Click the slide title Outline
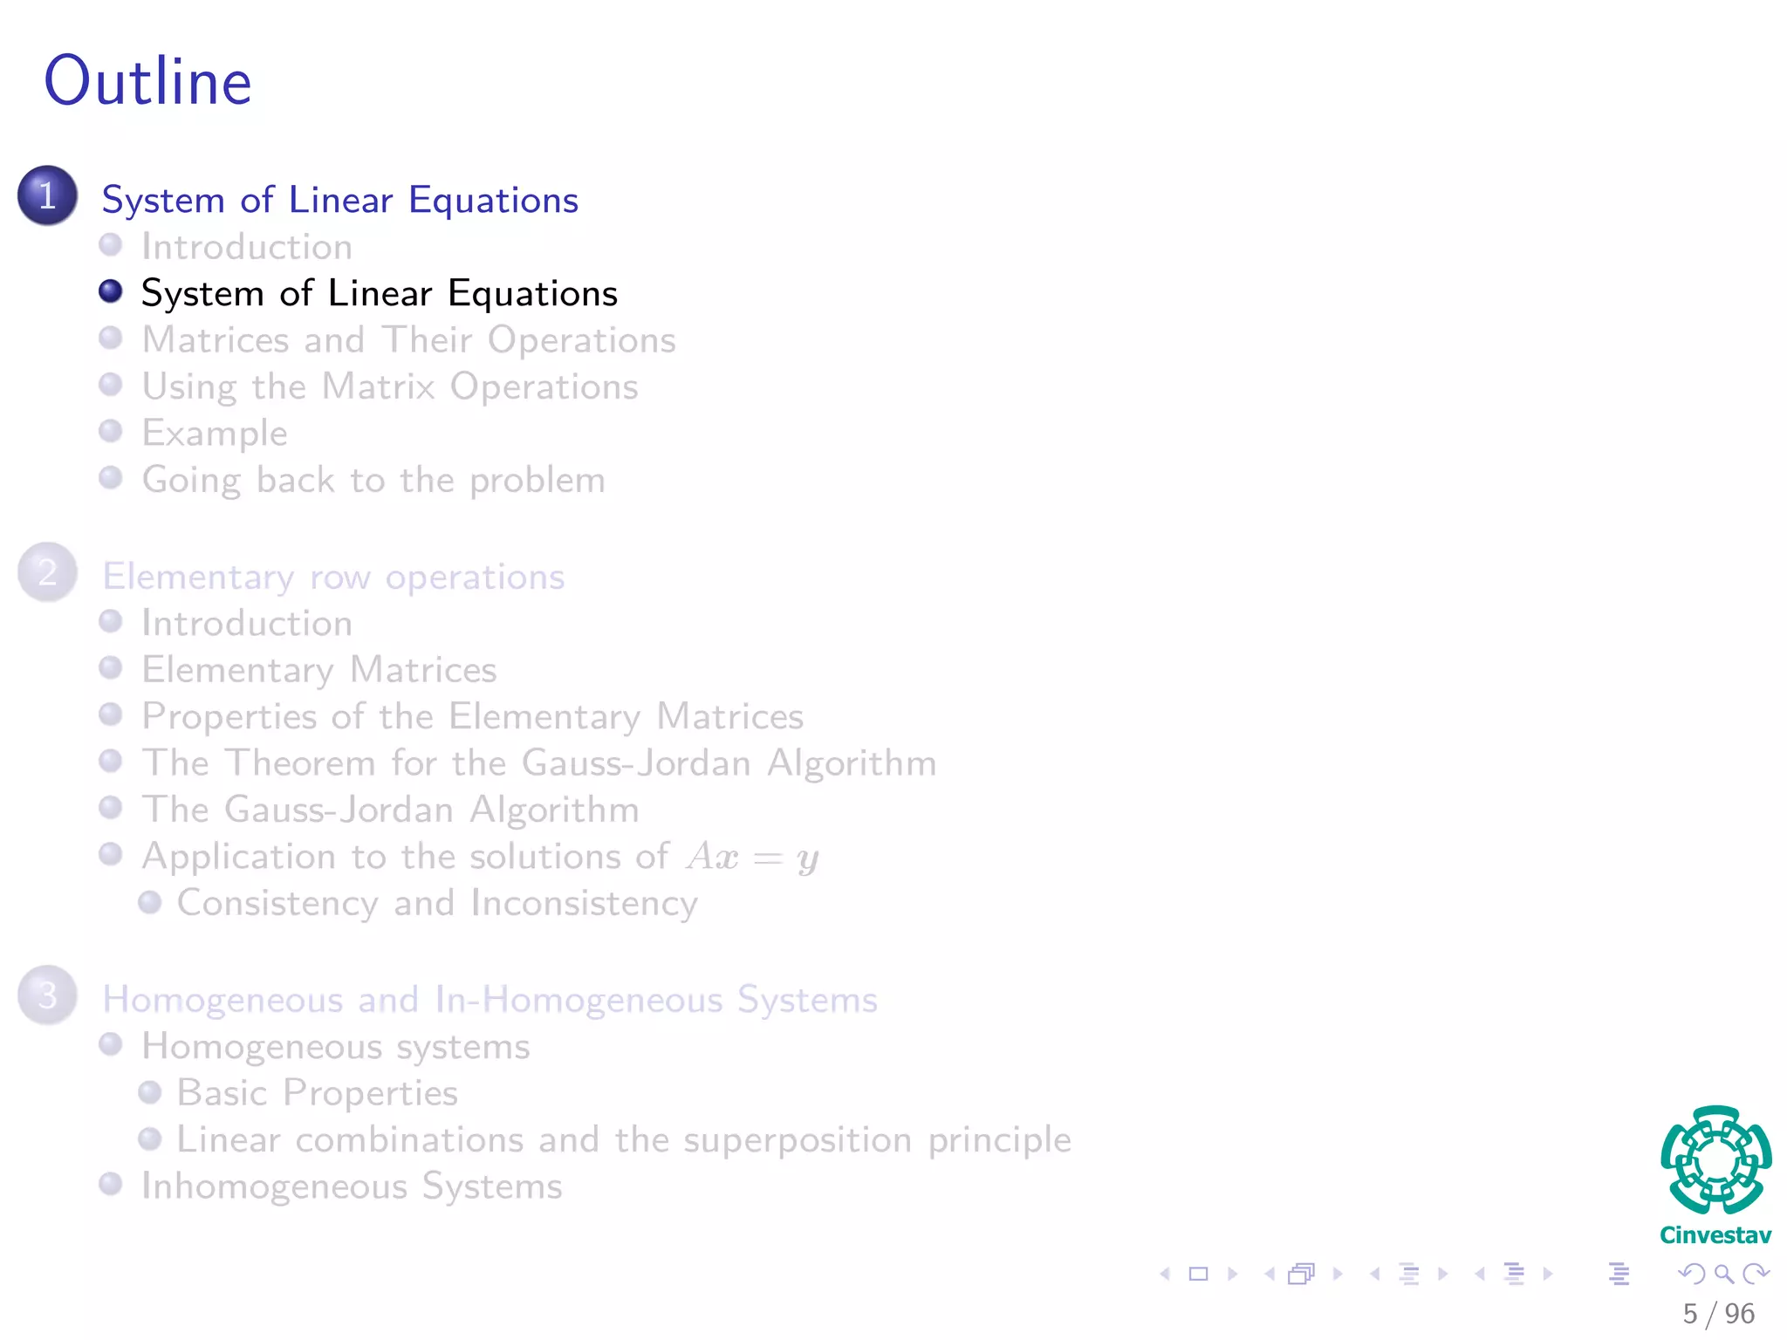tap(148, 81)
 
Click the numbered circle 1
tap(48, 195)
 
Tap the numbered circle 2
tap(48, 572)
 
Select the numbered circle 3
tap(48, 995)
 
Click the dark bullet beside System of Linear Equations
tap(111, 291)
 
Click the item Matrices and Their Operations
tap(408, 339)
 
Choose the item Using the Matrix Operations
tap(389, 386)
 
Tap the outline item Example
tap(215, 433)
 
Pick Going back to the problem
tap(373, 480)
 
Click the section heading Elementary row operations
tap(333, 577)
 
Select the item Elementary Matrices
tap(319, 670)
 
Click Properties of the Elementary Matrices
tap(472, 716)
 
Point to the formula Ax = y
tap(752, 857)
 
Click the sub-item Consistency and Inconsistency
tap(437, 903)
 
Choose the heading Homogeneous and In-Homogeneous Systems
tap(490, 999)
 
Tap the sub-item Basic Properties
tap(318, 1092)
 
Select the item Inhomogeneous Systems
tap(352, 1186)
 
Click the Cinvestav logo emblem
tap(1715, 1160)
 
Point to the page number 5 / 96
tap(1718, 1313)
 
